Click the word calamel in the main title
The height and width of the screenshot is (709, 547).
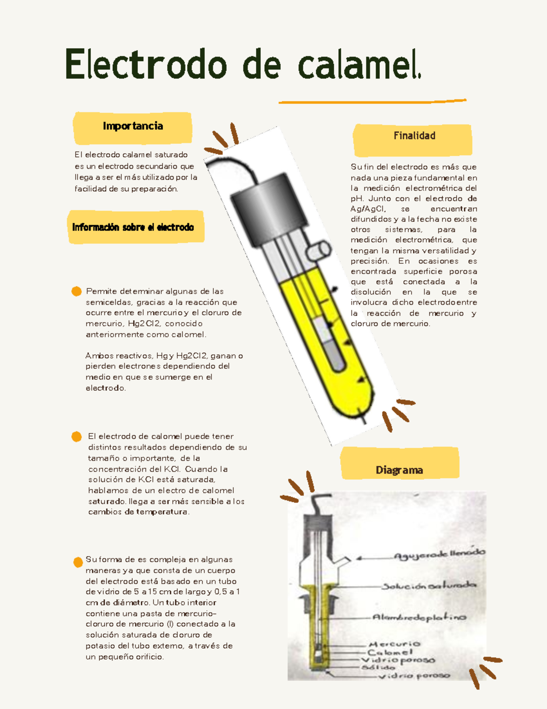tap(358, 65)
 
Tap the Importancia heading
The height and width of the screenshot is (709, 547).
tap(133, 126)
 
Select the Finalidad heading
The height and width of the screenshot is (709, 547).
tap(414, 136)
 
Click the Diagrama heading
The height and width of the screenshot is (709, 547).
tap(399, 470)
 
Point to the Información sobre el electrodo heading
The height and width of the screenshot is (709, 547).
tap(133, 227)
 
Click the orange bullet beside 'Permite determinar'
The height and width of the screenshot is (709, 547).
tap(77, 291)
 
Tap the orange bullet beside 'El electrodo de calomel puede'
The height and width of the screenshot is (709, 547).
tap(77, 436)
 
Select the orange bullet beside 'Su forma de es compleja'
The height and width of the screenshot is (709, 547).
tap(78, 562)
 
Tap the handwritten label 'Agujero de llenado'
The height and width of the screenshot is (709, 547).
tap(439, 554)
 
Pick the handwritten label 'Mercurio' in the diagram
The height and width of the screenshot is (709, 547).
tap(395, 644)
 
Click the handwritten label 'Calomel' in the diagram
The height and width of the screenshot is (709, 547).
tap(390, 652)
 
